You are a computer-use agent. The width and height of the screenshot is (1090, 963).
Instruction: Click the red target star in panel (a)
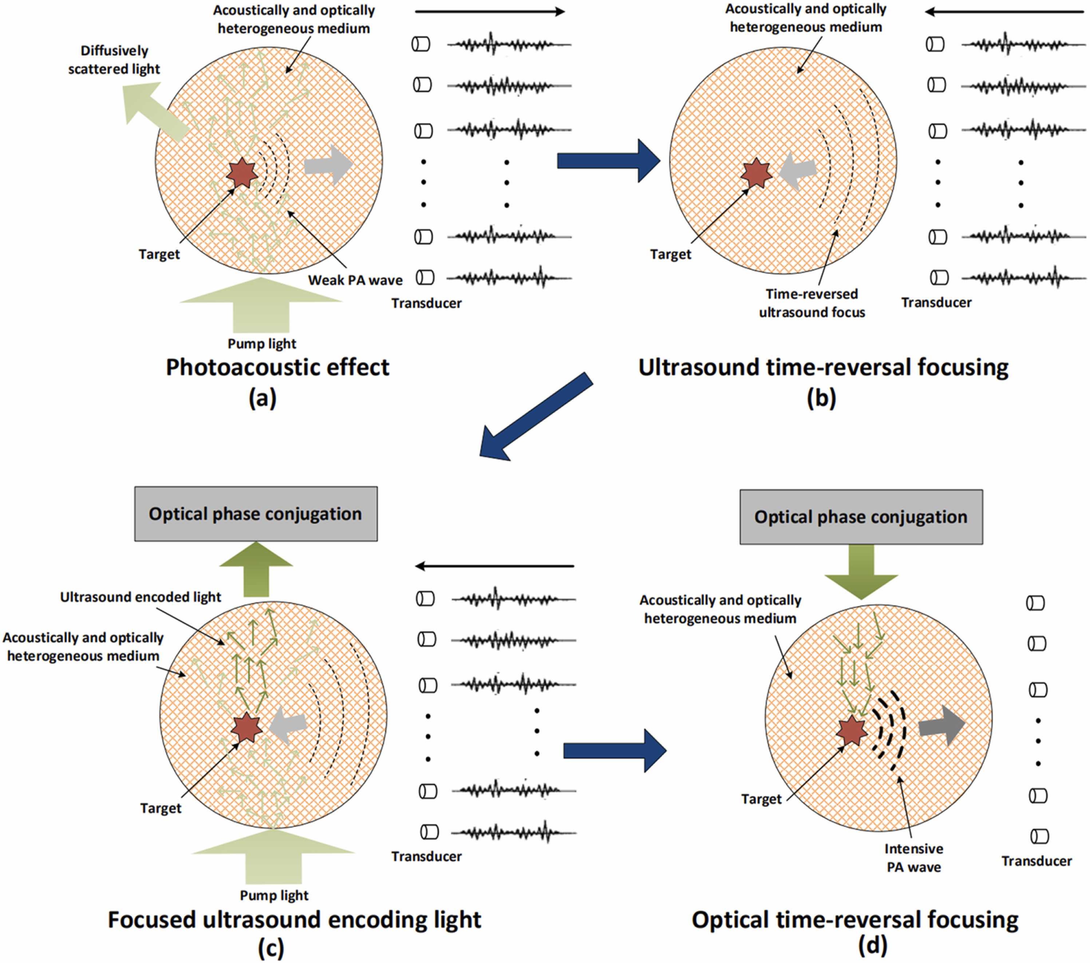coord(242,173)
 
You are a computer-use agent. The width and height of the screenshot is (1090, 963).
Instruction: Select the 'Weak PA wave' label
coord(355,280)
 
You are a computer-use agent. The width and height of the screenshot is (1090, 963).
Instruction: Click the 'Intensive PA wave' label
coord(913,857)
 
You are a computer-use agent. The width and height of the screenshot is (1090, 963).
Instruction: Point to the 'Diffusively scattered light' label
coord(114,60)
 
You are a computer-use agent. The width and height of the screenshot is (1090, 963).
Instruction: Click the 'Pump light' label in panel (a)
coord(262,344)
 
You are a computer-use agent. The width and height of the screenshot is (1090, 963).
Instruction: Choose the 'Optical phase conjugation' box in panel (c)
coord(256,514)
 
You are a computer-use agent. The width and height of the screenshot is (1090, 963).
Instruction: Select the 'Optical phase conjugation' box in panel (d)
coord(861,517)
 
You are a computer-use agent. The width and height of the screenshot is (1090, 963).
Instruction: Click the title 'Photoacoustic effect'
coord(277,367)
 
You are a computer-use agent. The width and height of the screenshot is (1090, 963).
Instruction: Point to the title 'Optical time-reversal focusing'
coord(854,920)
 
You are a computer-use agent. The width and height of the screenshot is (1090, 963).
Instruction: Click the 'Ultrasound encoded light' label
coord(140,597)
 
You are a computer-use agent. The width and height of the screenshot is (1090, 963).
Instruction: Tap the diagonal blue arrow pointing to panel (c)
coord(535,417)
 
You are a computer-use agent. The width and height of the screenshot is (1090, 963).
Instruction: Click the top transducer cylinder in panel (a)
coord(421,44)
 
